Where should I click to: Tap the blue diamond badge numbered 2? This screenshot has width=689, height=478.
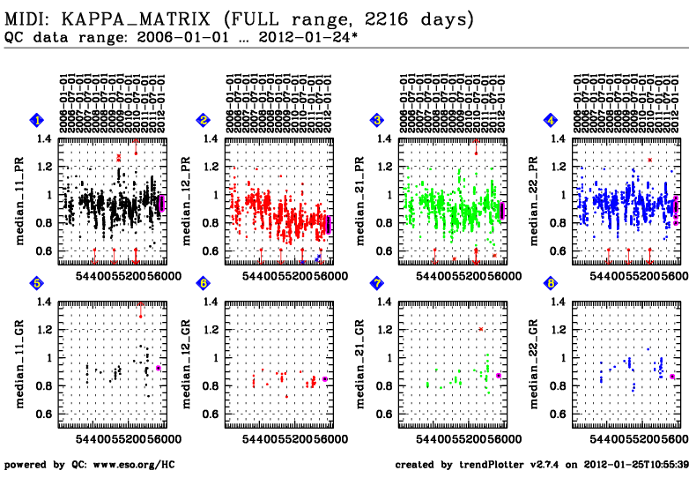pos(204,119)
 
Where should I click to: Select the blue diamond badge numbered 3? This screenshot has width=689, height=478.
pos(376,119)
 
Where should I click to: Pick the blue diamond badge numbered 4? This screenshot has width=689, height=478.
pos(552,119)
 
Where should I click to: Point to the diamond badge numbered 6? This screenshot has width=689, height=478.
pos(204,283)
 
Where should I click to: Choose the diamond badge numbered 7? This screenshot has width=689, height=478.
pos(376,283)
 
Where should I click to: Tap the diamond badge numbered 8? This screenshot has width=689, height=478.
pos(552,283)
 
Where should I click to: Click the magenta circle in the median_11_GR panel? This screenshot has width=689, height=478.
pos(159,368)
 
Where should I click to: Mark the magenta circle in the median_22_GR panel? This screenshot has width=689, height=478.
pos(672,377)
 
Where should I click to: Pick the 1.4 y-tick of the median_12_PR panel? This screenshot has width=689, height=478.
pos(212,138)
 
